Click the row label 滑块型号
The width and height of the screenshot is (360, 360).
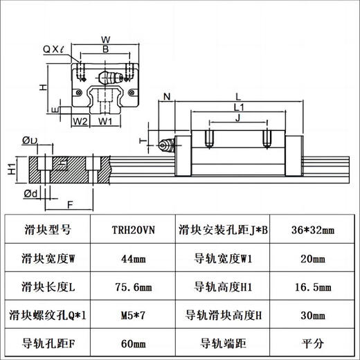tap(48, 228)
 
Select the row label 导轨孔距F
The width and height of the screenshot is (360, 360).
tap(48, 342)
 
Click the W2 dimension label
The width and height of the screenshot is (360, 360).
tap(80, 122)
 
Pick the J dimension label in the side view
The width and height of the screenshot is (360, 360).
tap(237, 118)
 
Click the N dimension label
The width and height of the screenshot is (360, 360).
tap(167, 96)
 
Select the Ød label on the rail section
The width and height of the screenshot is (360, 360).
tap(29, 192)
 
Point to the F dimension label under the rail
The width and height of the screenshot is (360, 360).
tap(70, 204)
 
